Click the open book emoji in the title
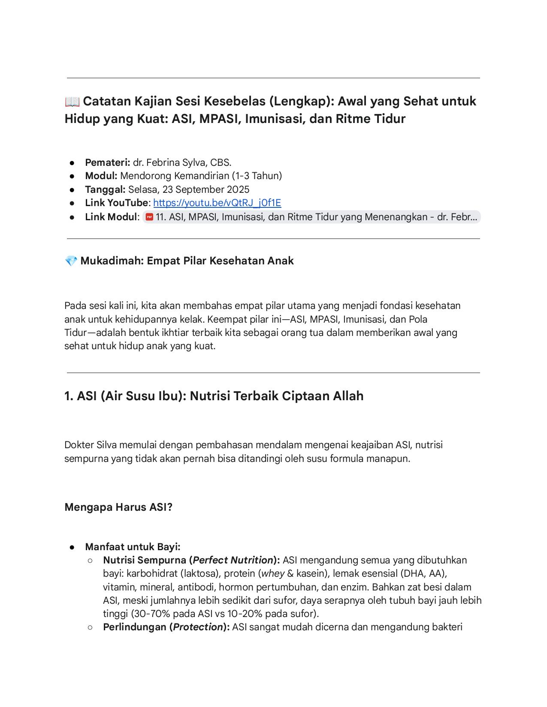click(x=72, y=102)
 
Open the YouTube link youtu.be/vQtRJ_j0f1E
click(x=217, y=203)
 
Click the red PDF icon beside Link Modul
click(x=149, y=217)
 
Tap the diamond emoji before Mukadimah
click(x=71, y=261)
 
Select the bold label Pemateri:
click(x=107, y=162)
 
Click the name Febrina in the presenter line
click(x=163, y=162)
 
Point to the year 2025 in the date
click(x=238, y=189)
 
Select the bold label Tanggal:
click(x=105, y=189)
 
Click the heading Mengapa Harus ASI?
click(x=118, y=507)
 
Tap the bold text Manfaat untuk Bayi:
click(x=133, y=547)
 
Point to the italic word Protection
click(x=198, y=627)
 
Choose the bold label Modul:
click(x=101, y=176)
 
